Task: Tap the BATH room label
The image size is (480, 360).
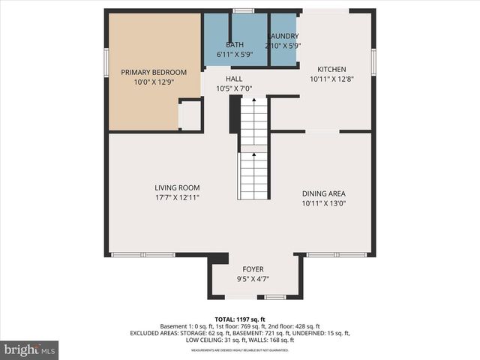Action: (234, 45)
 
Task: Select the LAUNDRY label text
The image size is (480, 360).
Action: (282, 36)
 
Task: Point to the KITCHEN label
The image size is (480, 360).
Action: (331, 68)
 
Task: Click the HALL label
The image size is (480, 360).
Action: (234, 78)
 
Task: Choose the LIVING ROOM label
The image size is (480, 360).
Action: (177, 187)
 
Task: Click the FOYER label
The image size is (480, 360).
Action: (253, 269)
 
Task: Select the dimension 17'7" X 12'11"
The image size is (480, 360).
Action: (177, 197)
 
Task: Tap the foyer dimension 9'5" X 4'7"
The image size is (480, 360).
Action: (253, 279)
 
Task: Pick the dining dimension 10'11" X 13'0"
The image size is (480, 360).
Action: (325, 202)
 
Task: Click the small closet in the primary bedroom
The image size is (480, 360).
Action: (190, 115)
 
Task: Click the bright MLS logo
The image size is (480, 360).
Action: (29, 349)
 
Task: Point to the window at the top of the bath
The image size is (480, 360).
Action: (243, 10)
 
